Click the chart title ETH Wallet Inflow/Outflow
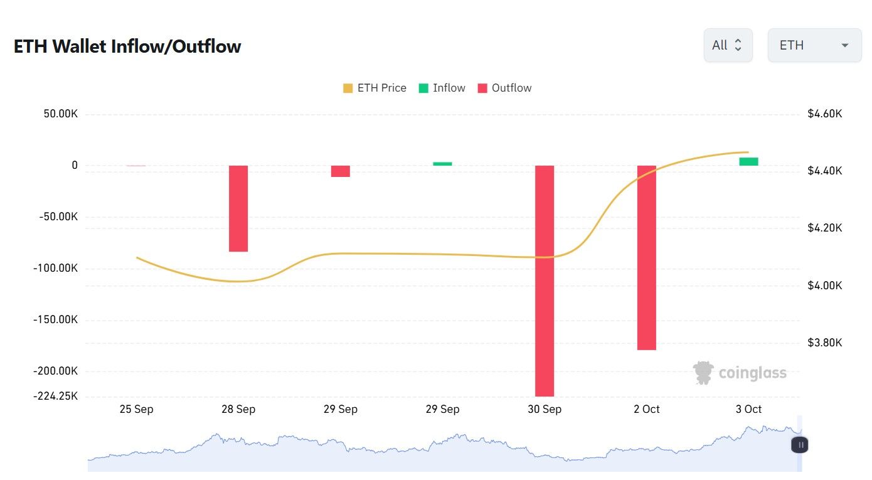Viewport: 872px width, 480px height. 127,46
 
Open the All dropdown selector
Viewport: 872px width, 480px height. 728,45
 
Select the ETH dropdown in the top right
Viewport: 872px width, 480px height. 814,45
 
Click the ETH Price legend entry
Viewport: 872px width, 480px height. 375,88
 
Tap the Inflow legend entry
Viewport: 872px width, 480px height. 442,88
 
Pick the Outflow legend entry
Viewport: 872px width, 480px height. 504,88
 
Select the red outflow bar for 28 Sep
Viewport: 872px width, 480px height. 238,208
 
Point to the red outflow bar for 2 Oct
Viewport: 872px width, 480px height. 647,257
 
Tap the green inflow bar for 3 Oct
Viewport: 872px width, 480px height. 748,162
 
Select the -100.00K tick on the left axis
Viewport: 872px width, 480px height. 55,269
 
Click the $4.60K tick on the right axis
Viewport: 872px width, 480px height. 825,114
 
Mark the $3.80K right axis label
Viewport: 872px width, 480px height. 825,343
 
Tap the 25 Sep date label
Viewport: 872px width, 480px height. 136,409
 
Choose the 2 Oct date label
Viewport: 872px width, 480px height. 647,409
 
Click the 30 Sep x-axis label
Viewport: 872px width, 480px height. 545,409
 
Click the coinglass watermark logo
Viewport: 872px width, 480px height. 740,373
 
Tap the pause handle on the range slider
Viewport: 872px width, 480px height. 800,445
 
